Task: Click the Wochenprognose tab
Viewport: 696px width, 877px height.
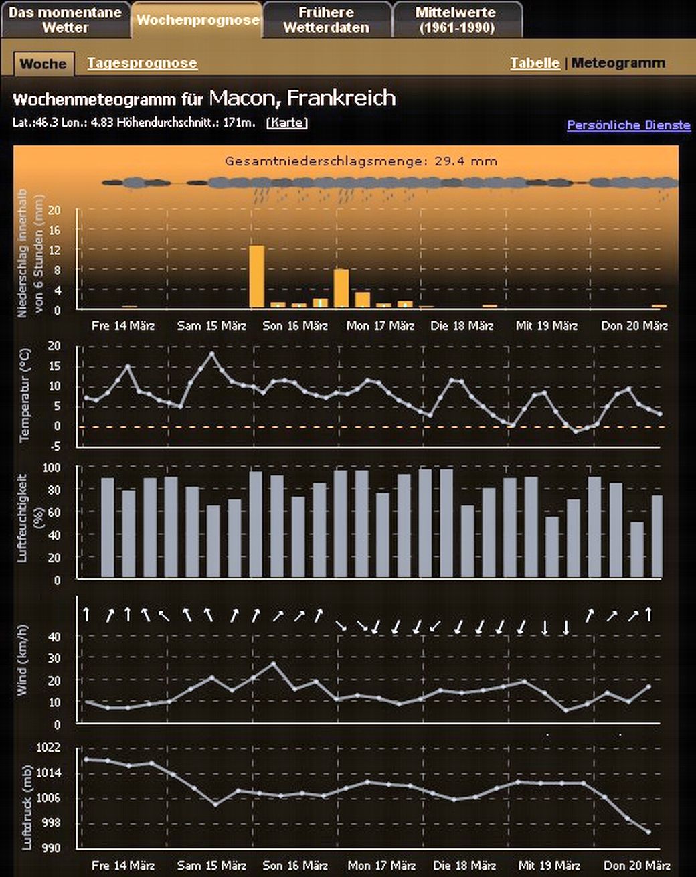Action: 197,20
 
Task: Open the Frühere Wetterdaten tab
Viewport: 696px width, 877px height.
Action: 326,20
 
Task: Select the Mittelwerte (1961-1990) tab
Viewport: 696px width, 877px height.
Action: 456,20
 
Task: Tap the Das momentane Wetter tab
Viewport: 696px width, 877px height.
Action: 65,20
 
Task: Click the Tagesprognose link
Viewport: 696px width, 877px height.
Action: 142,63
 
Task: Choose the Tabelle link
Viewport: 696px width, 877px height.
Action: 535,63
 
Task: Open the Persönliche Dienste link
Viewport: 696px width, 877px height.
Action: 628,125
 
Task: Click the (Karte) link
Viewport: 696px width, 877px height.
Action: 287,123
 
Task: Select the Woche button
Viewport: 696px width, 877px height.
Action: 43,64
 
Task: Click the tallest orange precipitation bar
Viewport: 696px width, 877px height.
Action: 256,276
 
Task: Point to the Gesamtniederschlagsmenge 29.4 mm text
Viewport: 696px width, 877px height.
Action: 361,161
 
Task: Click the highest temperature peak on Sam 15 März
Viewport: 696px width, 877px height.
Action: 212,353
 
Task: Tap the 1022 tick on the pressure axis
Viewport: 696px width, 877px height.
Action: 48,748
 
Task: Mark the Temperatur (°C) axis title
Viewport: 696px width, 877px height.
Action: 25,395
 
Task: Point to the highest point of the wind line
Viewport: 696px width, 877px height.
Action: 273,663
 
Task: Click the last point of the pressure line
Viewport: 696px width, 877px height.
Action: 648,832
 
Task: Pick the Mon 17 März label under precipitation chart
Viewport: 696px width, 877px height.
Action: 380,326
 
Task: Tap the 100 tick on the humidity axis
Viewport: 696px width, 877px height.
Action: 52,467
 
